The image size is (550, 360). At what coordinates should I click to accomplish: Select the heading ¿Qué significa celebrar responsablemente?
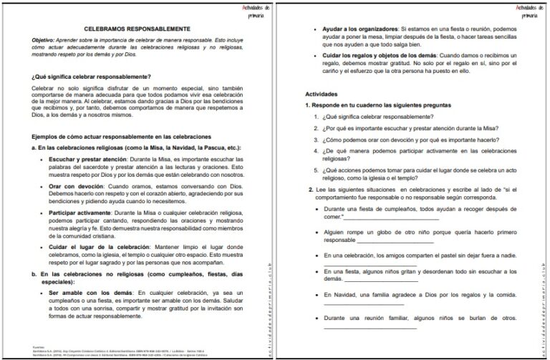(x=91, y=77)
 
